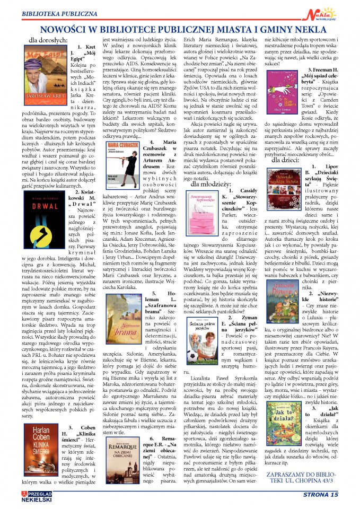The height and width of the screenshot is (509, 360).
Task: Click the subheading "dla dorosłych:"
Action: (x=48, y=39)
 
